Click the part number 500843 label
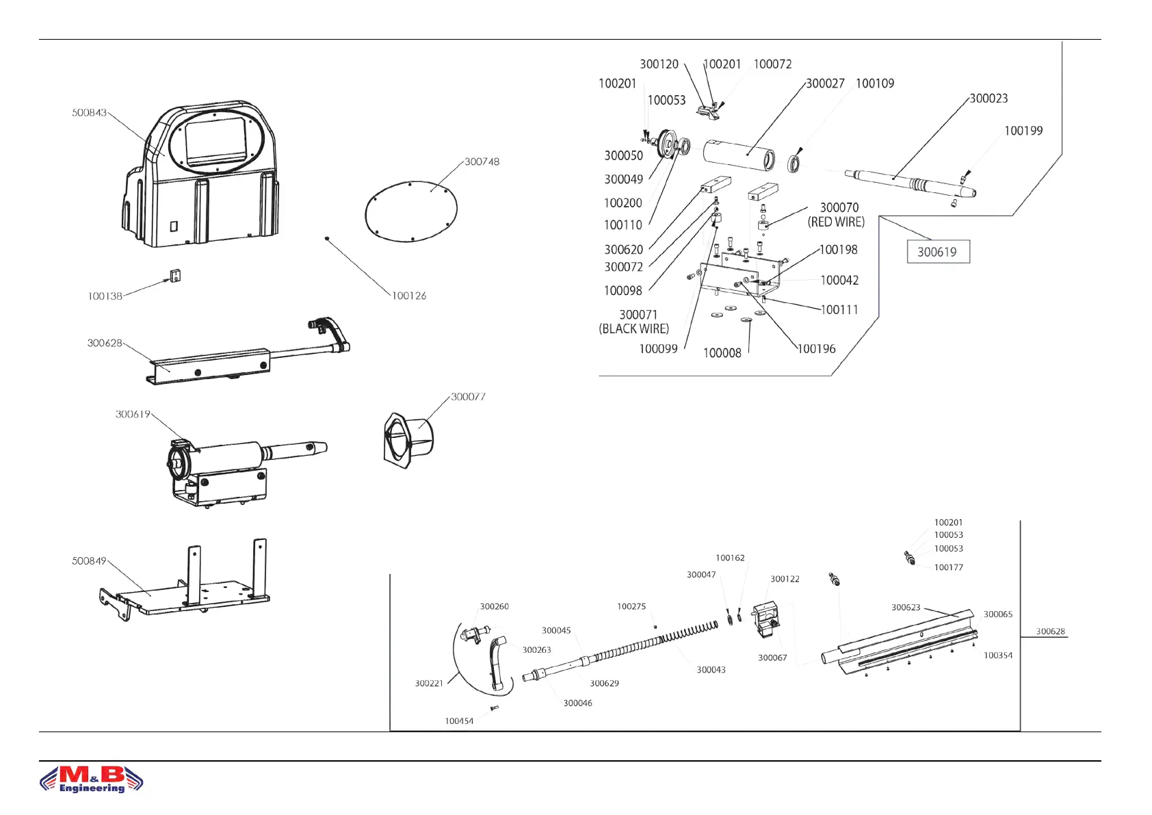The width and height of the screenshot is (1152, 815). [x=90, y=113]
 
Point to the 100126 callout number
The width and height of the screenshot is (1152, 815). [x=408, y=296]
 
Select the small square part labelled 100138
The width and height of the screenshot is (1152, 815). [x=174, y=276]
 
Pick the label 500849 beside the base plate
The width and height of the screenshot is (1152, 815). [x=90, y=561]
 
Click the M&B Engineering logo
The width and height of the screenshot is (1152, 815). [x=92, y=779]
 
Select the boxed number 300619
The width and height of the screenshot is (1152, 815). [x=937, y=252]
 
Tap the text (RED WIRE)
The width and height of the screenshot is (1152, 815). [x=836, y=222]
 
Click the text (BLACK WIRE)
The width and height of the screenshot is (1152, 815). [x=634, y=329]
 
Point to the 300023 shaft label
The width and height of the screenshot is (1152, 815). [x=989, y=99]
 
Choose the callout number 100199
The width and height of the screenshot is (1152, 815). [x=1023, y=131]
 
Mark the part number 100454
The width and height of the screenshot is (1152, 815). [x=459, y=721]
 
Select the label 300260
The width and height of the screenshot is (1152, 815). [x=494, y=607]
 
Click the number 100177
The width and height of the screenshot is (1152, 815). [x=948, y=567]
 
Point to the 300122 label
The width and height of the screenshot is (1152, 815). [x=785, y=579]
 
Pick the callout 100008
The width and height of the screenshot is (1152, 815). [x=722, y=353]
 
